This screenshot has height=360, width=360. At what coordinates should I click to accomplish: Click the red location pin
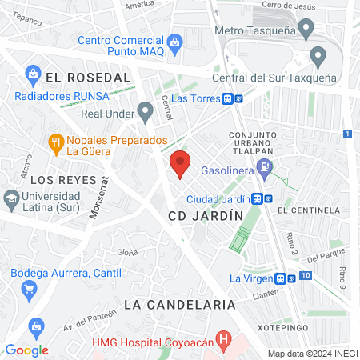click(x=181, y=163)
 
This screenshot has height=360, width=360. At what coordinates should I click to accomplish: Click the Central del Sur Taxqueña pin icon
click(x=318, y=57)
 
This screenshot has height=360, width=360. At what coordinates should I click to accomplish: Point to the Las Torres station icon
click(x=229, y=98)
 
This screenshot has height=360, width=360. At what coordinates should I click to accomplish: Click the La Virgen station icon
click(x=280, y=278)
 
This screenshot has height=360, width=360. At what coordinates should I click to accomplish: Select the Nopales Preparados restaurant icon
click(x=55, y=144)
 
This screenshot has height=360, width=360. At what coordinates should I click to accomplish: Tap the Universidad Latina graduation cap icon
click(x=11, y=198)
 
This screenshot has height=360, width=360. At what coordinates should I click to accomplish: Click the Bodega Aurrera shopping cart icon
click(x=30, y=289)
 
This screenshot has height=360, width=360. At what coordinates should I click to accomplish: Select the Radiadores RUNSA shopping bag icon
click(x=34, y=76)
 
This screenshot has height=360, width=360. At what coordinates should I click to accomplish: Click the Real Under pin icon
click(x=145, y=110)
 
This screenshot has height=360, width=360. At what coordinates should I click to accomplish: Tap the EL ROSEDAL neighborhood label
click(x=88, y=77)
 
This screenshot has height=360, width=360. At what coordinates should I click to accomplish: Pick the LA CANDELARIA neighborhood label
click(x=180, y=305)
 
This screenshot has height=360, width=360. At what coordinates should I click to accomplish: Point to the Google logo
click(x=26, y=350)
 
